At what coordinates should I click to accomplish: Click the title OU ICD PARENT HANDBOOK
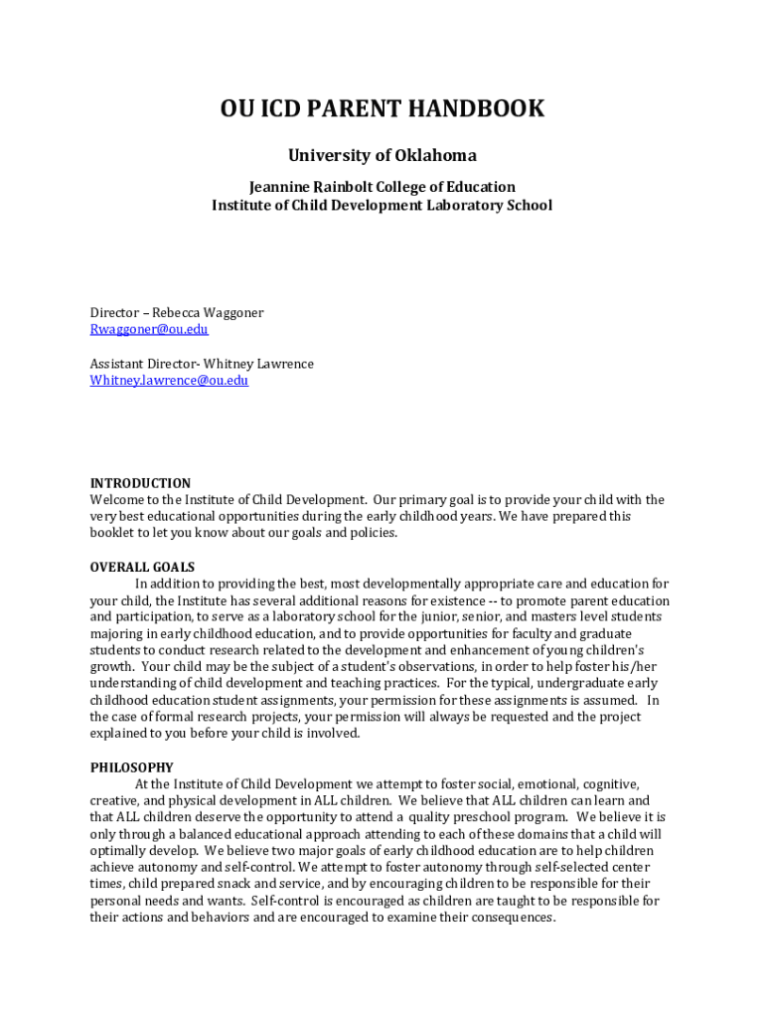pyautogui.click(x=382, y=108)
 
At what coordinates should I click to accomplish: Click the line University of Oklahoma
pyautogui.click(x=382, y=155)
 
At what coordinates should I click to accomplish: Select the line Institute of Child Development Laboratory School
pyautogui.click(x=382, y=205)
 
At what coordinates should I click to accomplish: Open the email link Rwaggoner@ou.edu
pyautogui.click(x=149, y=329)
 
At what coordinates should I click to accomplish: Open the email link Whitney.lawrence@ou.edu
pyautogui.click(x=169, y=380)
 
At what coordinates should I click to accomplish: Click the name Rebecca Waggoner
pyautogui.click(x=208, y=312)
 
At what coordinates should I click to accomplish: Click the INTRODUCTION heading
pyautogui.click(x=140, y=483)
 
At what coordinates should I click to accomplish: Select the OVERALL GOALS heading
pyautogui.click(x=142, y=568)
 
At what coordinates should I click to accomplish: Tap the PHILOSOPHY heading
pyautogui.click(x=131, y=767)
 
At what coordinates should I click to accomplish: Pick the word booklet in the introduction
pyautogui.click(x=113, y=533)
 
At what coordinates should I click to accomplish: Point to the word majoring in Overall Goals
pyautogui.click(x=116, y=633)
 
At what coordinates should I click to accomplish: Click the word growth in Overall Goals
pyautogui.click(x=111, y=667)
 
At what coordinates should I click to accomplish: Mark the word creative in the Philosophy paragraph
pyautogui.click(x=115, y=800)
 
